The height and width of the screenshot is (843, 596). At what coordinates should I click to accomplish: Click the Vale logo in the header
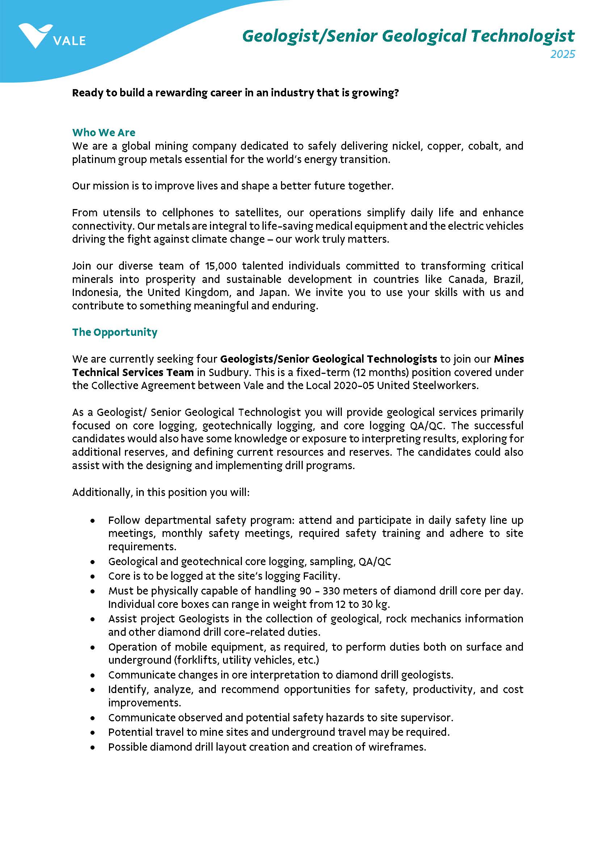(x=51, y=37)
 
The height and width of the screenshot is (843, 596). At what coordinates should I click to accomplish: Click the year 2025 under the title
(x=562, y=54)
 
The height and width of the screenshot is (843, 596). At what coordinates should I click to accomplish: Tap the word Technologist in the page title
(x=522, y=36)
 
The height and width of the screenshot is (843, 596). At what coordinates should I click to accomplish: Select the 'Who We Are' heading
(x=104, y=132)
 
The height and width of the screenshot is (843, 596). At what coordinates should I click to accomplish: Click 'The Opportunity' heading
(x=114, y=332)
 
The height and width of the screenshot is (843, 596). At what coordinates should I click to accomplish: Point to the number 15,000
(x=221, y=266)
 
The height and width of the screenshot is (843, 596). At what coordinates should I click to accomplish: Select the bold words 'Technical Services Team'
(x=133, y=372)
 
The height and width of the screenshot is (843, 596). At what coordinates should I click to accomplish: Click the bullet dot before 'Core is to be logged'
(x=93, y=576)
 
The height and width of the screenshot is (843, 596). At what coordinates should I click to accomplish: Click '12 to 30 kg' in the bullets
(x=361, y=604)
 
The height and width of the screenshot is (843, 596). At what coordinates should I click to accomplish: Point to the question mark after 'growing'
(x=396, y=92)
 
